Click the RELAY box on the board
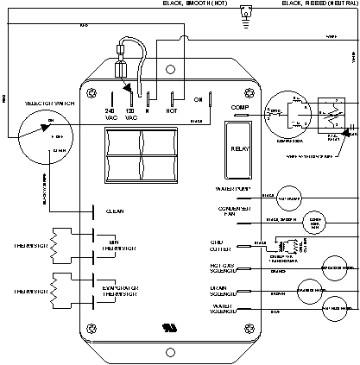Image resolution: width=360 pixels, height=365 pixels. [240, 148]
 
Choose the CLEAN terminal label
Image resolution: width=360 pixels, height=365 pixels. [116, 211]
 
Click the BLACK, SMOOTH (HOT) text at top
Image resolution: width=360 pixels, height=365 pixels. [200, 4]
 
